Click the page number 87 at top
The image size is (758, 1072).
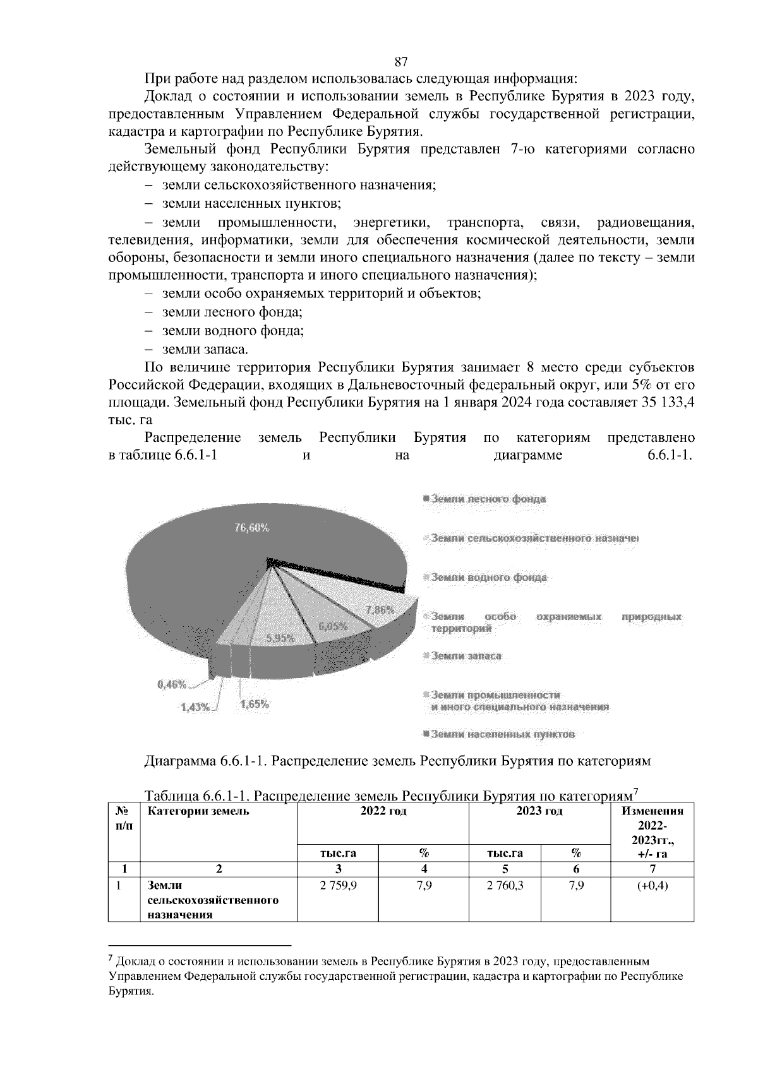click(x=400, y=61)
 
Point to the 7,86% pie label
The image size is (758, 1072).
click(x=380, y=610)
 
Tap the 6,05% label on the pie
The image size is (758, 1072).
click(x=333, y=626)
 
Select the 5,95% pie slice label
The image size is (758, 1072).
click(x=280, y=638)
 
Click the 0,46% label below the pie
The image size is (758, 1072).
click(x=171, y=684)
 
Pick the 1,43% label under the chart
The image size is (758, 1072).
click(x=195, y=707)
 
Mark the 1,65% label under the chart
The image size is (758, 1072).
click(x=255, y=705)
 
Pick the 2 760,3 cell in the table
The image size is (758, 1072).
click(x=505, y=886)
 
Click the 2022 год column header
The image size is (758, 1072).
click(x=383, y=811)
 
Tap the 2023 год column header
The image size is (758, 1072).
click(x=539, y=811)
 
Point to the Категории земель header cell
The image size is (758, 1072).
click(x=198, y=811)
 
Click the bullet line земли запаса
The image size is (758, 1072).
click(x=205, y=349)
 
